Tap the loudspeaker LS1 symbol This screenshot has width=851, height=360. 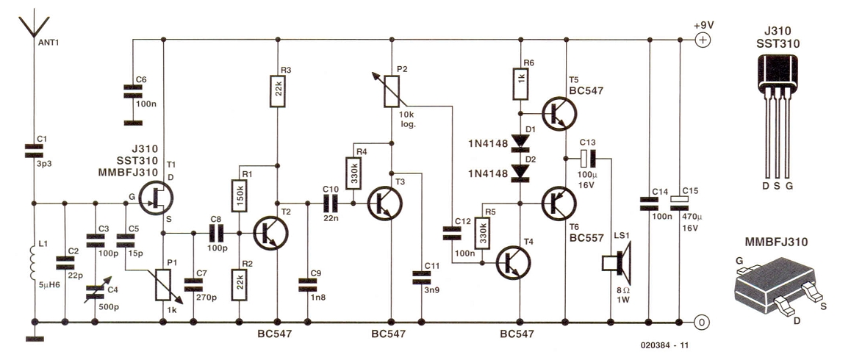617,263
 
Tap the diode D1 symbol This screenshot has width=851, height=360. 520,141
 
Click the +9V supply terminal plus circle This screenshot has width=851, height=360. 703,39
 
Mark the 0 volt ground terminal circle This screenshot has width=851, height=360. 703,322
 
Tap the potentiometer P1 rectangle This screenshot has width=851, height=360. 163,284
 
